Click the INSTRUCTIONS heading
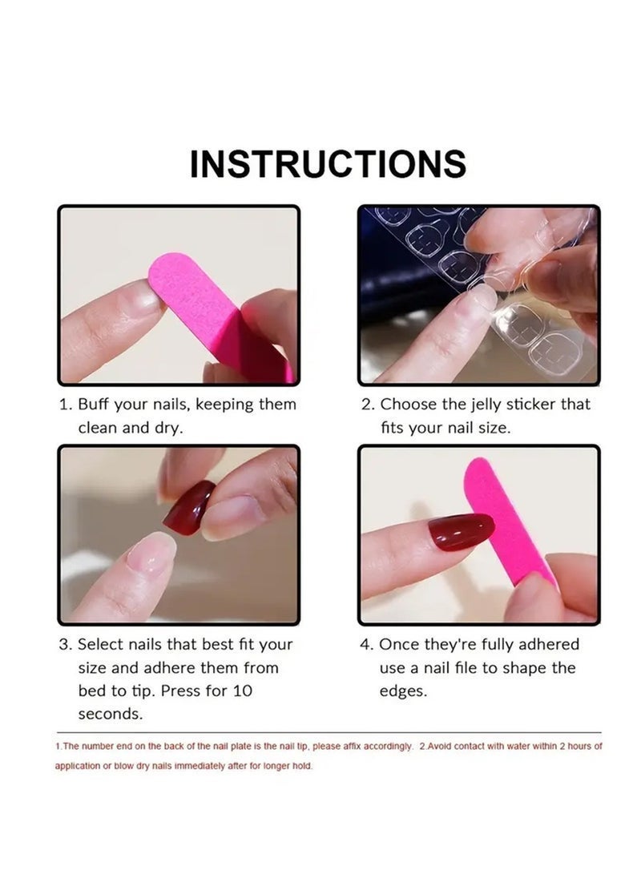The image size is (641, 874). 328,164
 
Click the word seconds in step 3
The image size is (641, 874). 111,714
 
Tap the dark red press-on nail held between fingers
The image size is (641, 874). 190,507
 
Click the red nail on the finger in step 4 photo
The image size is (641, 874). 461,533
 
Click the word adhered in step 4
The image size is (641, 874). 549,644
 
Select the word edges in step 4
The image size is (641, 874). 403,691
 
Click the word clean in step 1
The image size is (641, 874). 98,428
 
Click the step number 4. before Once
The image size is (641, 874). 366,645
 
